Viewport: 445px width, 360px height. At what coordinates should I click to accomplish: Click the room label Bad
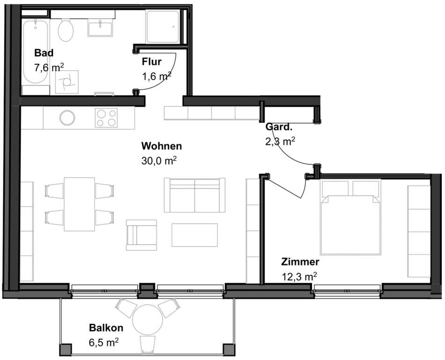click(x=44, y=53)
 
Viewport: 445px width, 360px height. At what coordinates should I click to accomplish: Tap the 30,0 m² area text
click(x=159, y=161)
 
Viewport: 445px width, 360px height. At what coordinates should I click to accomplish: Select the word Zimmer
click(x=300, y=262)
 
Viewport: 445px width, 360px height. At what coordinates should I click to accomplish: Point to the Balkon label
click(x=106, y=328)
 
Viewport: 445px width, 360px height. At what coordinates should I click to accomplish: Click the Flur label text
click(x=152, y=61)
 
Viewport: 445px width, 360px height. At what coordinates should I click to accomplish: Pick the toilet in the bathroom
click(x=66, y=30)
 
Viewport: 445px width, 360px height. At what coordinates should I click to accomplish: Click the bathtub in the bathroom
click(x=36, y=52)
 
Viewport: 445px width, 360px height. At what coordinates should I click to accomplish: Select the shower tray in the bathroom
click(x=163, y=27)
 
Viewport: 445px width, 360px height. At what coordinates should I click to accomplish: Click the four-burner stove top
click(x=106, y=118)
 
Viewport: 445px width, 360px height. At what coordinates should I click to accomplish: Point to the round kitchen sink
click(x=67, y=118)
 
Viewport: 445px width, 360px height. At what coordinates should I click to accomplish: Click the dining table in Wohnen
click(x=80, y=204)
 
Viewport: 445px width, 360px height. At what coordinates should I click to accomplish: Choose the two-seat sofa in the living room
click(x=195, y=195)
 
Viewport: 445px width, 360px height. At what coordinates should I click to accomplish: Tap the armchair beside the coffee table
click(x=141, y=235)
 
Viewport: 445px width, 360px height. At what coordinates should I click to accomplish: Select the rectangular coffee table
click(x=195, y=235)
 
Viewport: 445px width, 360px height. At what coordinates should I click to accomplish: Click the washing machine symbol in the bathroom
click(x=67, y=82)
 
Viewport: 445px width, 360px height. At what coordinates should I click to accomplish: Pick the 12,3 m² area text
click(x=299, y=276)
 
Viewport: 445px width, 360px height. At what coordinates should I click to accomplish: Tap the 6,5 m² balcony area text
click(x=104, y=342)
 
